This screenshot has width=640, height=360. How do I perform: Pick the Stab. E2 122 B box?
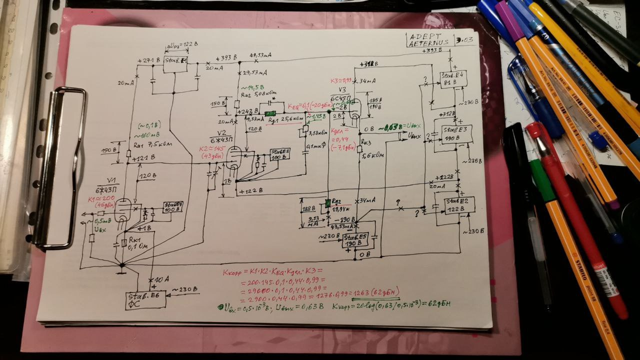[x=453, y=204]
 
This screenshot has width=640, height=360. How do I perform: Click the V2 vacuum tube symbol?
[x=232, y=157]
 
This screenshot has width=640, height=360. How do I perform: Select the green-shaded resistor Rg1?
[x=270, y=113]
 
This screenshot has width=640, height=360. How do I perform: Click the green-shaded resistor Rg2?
[x=328, y=203]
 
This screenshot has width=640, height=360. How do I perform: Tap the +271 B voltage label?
[x=149, y=60]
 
